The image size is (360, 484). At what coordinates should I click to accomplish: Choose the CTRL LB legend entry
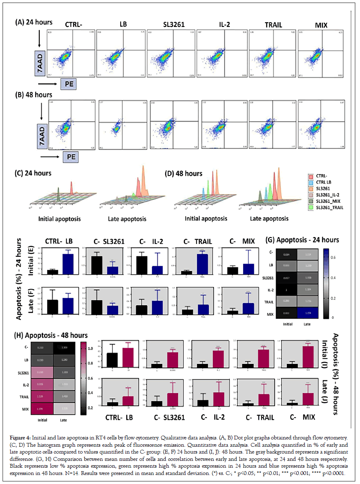324,182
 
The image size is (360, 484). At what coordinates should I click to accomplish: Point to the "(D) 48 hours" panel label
184,174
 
